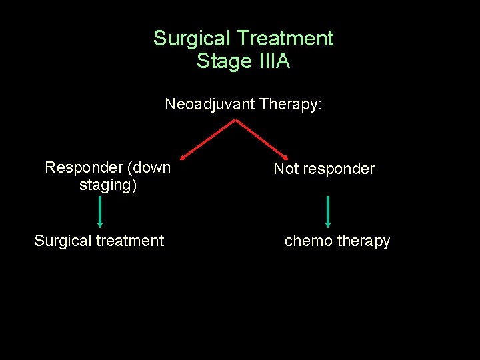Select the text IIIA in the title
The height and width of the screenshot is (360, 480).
[x=272, y=62]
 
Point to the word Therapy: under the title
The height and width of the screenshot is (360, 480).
[x=291, y=105]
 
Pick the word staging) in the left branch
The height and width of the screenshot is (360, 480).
[x=108, y=185]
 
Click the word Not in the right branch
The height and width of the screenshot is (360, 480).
[x=285, y=169]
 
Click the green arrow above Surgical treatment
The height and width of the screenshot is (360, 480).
[x=100, y=212]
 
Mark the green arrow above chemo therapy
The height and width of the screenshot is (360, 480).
[x=328, y=212]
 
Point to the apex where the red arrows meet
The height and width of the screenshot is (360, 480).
[x=235, y=120]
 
